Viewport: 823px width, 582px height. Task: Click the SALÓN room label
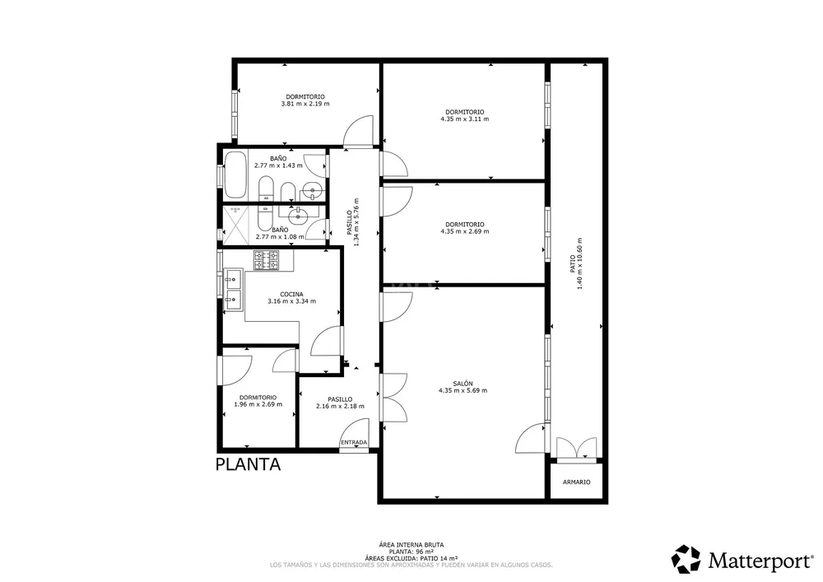pos(463,384)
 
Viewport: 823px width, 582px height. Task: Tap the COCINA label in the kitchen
pos(291,295)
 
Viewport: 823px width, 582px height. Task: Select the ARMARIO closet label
pos(576,482)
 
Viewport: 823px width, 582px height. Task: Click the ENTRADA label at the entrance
pos(354,442)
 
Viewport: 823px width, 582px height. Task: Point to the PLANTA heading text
pos(249,464)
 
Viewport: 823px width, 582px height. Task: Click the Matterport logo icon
pos(686,559)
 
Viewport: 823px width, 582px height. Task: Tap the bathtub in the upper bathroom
pos(235,175)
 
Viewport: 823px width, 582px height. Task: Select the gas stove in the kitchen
pos(267,261)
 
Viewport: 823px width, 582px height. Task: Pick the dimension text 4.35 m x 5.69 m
pos(463,390)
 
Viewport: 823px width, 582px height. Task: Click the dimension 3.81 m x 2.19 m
pos(305,104)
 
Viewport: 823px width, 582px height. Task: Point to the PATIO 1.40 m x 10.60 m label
pos(577,263)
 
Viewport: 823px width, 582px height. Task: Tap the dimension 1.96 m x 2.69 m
pos(258,405)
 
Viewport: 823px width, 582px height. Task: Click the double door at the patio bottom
pos(576,449)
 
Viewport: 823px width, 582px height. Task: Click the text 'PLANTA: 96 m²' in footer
pos(411,552)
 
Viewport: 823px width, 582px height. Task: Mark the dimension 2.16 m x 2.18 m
pos(340,406)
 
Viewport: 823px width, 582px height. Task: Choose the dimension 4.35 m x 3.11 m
pos(464,119)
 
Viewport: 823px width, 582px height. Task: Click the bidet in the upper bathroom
pos(287,192)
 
